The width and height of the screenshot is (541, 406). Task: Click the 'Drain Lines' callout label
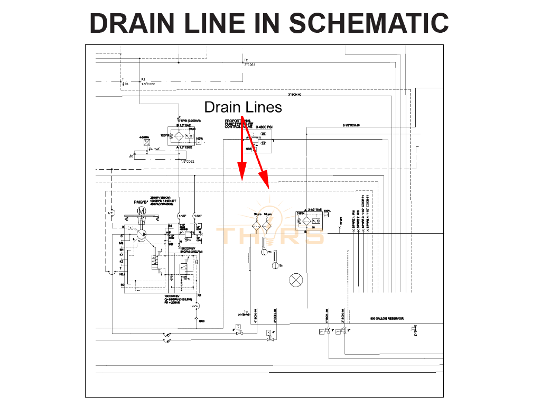243,107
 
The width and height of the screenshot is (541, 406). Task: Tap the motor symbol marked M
141,211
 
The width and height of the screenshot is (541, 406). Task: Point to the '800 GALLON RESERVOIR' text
387,319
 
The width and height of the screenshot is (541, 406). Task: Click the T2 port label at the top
246,60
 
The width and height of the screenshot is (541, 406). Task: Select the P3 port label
143,79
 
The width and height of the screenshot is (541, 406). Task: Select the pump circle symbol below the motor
141,233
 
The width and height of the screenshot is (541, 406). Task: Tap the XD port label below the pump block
199,295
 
